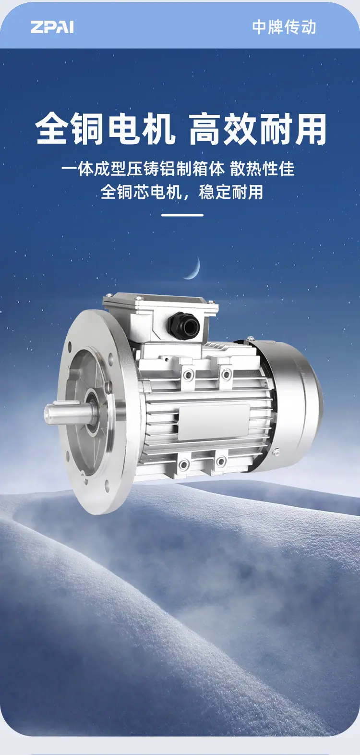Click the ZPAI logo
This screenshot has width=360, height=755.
52,27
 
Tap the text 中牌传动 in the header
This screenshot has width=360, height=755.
284,27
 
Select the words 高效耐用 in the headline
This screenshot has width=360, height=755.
258,129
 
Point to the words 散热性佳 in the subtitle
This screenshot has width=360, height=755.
263,169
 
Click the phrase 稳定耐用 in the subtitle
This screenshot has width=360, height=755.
231,192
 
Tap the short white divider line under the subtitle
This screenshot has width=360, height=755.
182,215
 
